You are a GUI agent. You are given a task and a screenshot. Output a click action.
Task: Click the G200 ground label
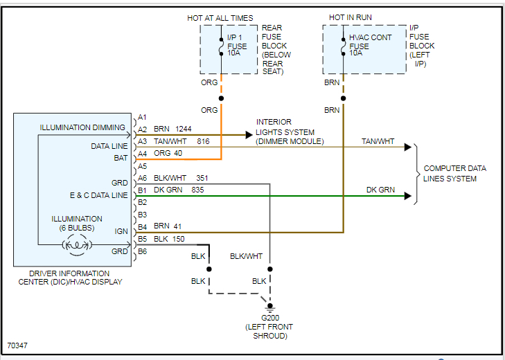click(x=266, y=318)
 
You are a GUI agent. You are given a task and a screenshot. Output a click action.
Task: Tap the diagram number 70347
click(x=18, y=344)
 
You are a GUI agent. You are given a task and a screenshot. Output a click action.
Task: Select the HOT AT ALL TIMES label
click(x=220, y=17)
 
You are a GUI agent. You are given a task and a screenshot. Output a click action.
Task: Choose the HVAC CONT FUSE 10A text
click(x=370, y=46)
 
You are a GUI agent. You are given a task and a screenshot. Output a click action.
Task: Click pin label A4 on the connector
click(x=143, y=154)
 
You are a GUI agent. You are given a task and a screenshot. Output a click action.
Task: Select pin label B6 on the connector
click(x=143, y=251)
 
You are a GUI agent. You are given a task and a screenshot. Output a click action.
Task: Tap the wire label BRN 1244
click(x=172, y=129)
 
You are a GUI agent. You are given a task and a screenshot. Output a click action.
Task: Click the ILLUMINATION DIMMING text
click(x=82, y=127)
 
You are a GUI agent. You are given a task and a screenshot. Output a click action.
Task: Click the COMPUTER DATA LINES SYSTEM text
click(x=454, y=173)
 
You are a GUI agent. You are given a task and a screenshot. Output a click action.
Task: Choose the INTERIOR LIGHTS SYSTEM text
click(x=285, y=132)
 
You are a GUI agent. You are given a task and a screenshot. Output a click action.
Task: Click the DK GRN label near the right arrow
click(x=380, y=190)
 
